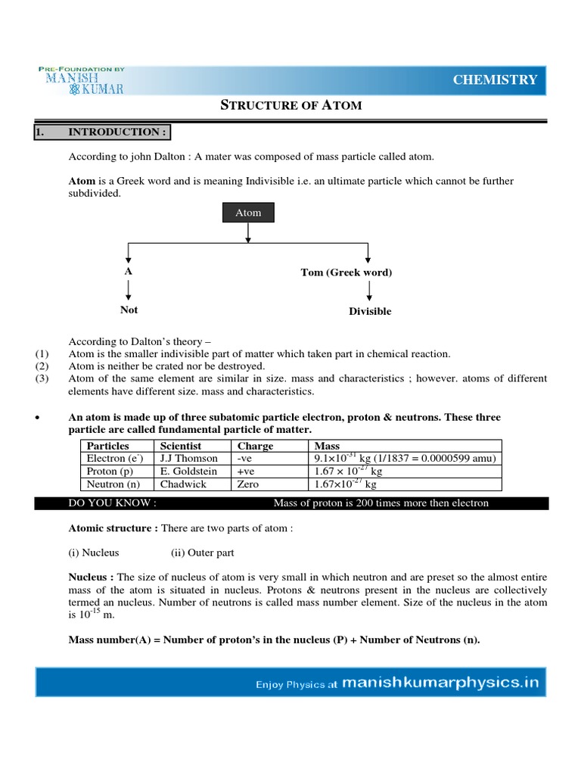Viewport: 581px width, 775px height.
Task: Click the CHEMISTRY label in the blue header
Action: click(495, 80)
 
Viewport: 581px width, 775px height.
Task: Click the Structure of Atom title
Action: click(290, 105)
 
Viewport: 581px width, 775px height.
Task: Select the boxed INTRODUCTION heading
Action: click(102, 132)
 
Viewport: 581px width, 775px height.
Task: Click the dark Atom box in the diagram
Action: click(248, 213)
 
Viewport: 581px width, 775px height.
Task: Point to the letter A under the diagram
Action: click(128, 272)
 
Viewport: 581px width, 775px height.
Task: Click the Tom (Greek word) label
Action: click(346, 272)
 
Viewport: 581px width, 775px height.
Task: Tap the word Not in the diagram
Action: click(129, 310)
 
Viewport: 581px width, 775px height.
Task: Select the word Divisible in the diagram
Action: click(369, 311)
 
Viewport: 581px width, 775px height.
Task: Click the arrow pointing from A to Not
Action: click(129, 290)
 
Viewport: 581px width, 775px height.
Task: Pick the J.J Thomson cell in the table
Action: click(188, 458)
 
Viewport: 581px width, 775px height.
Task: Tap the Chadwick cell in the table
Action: click(183, 484)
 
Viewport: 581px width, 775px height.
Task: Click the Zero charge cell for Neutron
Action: click(249, 484)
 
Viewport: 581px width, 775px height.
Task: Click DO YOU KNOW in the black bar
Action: click(113, 503)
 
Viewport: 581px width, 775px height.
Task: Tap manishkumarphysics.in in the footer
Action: click(440, 683)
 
